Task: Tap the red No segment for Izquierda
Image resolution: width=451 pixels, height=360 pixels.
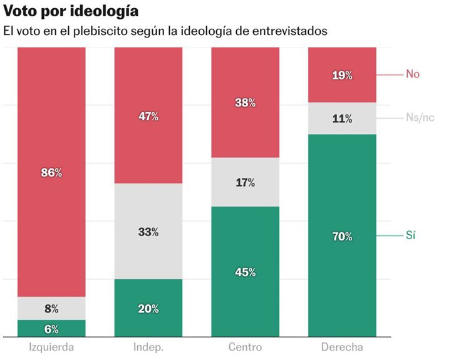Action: coord(51,172)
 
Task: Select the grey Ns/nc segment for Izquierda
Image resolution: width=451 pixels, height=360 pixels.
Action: coord(51,308)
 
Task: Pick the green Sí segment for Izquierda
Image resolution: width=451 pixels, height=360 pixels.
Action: coord(51,329)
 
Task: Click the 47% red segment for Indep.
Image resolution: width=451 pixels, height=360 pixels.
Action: coord(148,116)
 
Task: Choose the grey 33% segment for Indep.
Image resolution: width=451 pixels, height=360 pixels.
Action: coord(148,231)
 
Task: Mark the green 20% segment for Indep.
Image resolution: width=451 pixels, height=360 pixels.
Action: coord(148,308)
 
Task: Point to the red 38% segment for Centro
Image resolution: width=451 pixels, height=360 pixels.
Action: coord(246,103)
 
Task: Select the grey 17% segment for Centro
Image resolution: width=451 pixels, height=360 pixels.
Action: coord(246,182)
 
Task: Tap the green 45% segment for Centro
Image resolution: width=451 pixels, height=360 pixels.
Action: coord(246,272)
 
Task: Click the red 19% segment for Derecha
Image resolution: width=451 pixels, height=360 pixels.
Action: coord(343,75)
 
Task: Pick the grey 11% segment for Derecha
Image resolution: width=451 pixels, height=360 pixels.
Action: coord(343,118)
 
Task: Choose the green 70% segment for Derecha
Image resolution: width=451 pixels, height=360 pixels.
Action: coord(343,236)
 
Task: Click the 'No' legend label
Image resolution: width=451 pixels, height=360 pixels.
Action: coord(412,74)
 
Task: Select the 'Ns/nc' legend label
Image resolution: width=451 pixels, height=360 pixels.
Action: coord(419,117)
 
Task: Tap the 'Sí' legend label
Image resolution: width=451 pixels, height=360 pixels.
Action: coord(411,235)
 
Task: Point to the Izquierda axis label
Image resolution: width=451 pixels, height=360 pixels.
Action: coord(51,347)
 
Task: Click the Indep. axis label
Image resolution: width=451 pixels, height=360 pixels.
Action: coord(148,347)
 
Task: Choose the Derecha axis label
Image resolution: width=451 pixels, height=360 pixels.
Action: coord(342,347)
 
